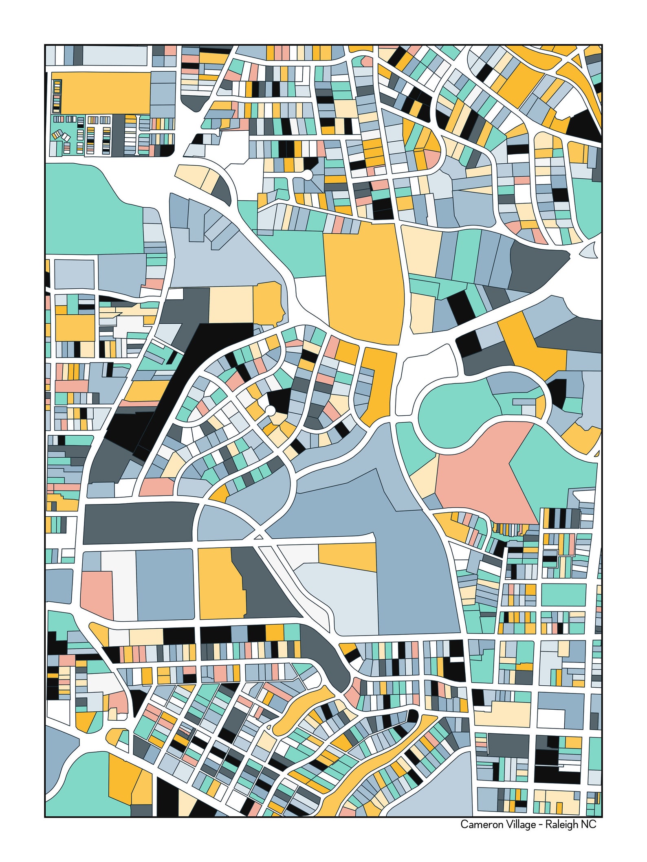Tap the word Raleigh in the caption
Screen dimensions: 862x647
tap(562, 825)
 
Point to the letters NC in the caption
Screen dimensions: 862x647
tap(589, 825)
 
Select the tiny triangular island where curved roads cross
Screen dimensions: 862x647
tap(258, 537)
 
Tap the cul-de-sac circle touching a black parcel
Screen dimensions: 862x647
tap(270, 410)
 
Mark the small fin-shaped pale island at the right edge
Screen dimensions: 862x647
tap(588, 251)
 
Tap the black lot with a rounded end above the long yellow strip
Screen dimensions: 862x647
tap(412, 715)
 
